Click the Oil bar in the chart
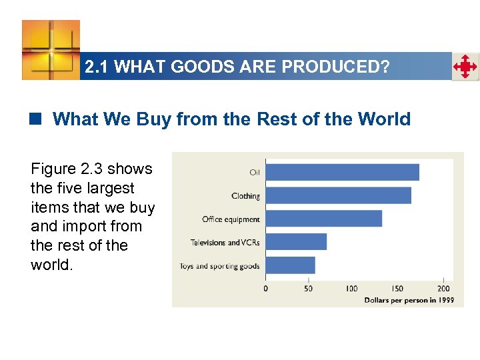pos(343,172)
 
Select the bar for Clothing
pos(339,195)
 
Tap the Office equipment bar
pos(324,219)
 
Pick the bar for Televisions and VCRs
pos(296,241)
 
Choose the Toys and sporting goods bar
pos(291,265)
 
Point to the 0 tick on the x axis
pos(266,289)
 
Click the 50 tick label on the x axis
pos(308,289)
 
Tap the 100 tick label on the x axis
pos(351,289)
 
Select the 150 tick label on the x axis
pos(397,289)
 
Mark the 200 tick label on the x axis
pos(443,289)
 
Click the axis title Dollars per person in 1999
pos(409,300)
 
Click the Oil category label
pos(255,173)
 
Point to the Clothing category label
pos(245,196)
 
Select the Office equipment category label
pos(231,219)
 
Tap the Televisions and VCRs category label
pos(225,243)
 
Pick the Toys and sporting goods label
pos(219,266)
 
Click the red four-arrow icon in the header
pos(465,67)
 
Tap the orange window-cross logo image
pos(51,49)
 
